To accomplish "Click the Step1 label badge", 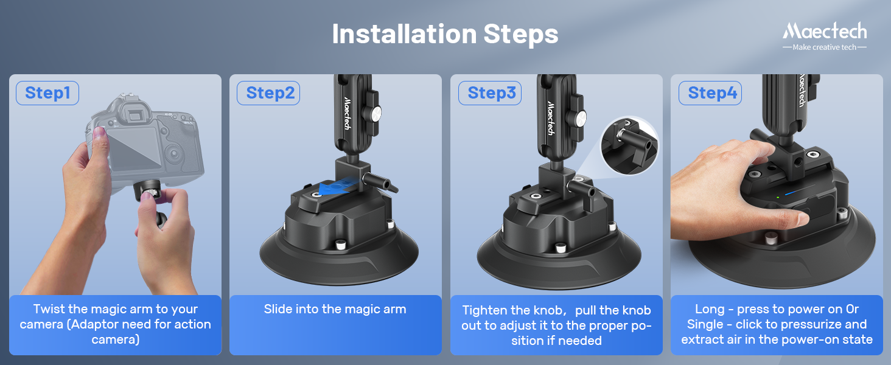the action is tap(47, 93).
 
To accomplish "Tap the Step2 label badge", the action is tap(268, 93).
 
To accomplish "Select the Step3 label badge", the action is tap(490, 93).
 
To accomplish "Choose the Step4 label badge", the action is tap(710, 93).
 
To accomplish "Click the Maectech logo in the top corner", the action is tap(825, 31).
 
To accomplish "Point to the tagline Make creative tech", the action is tap(824, 47).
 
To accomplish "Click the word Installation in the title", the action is tap(404, 34).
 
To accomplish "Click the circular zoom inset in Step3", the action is tap(629, 145).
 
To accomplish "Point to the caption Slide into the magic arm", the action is tap(335, 309).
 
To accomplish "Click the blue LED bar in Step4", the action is tap(792, 193).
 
